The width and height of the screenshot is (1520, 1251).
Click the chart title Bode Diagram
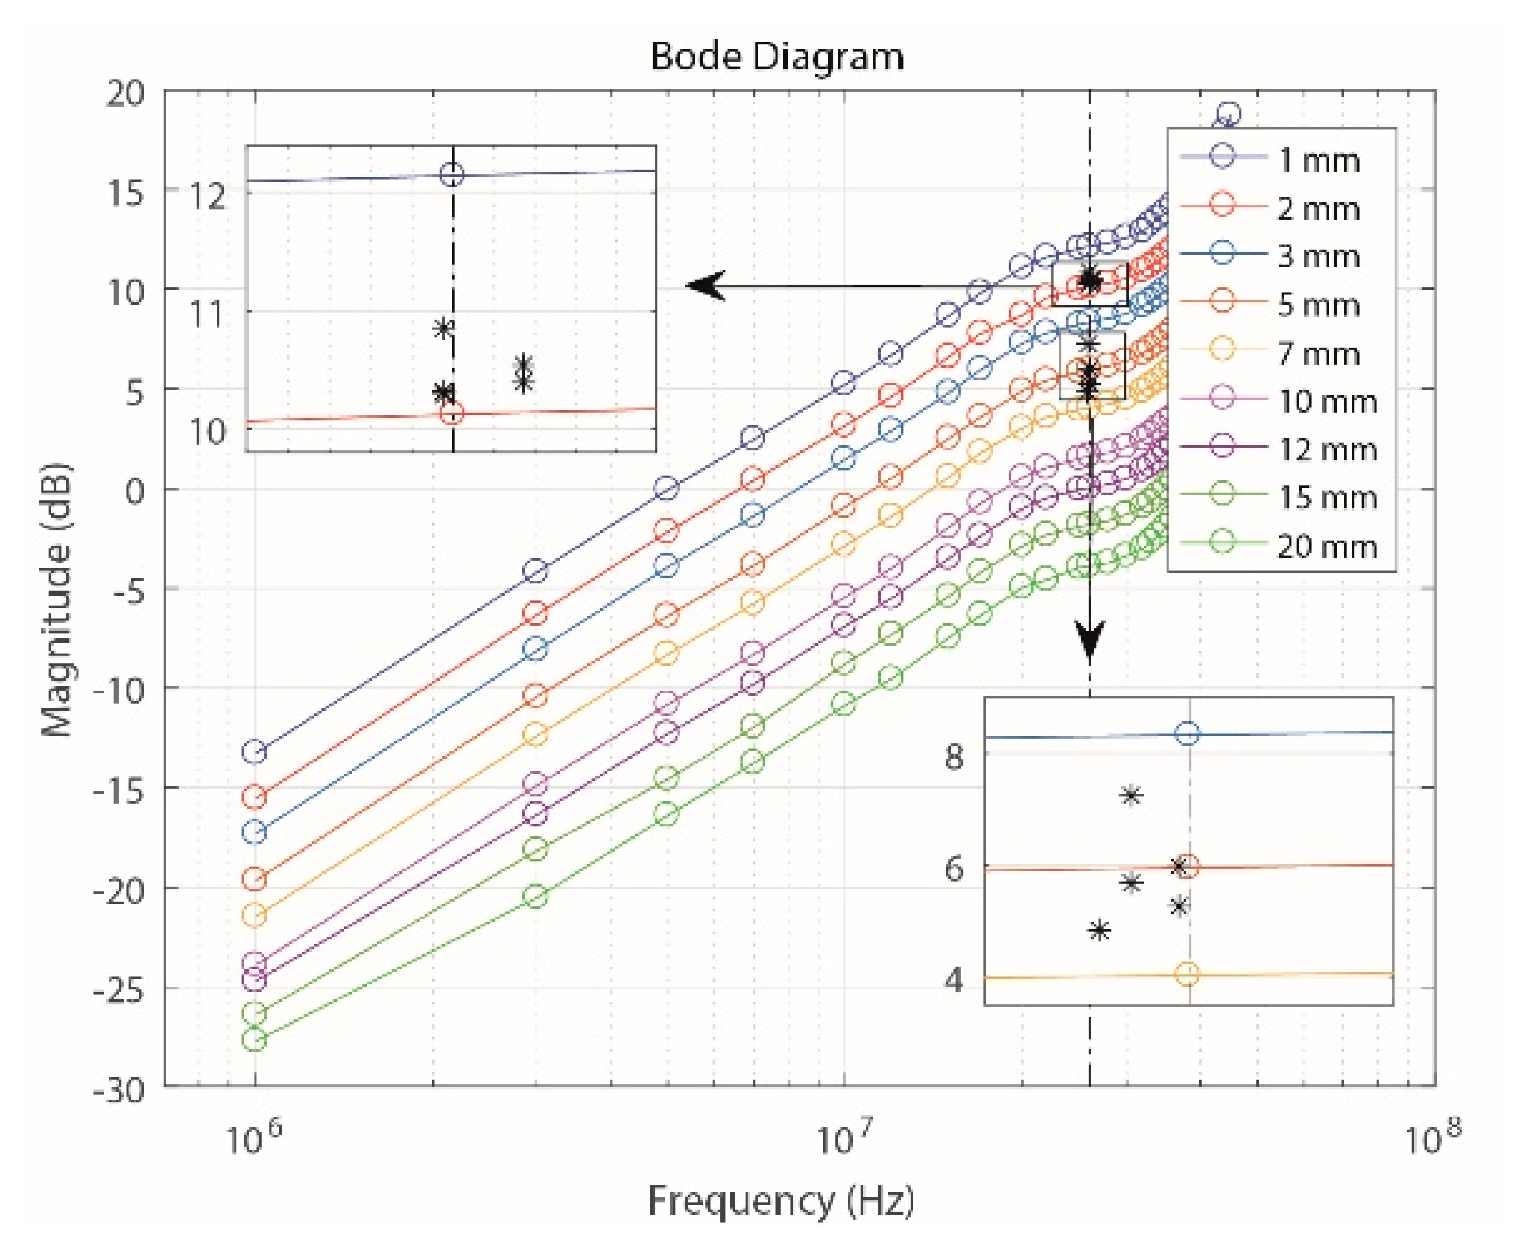point(776,57)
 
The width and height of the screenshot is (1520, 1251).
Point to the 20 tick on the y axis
point(125,93)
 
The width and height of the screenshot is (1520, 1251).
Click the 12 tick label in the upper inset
point(207,197)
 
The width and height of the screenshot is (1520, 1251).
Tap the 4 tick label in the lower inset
point(954,980)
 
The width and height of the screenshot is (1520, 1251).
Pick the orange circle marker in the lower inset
point(1187,974)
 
